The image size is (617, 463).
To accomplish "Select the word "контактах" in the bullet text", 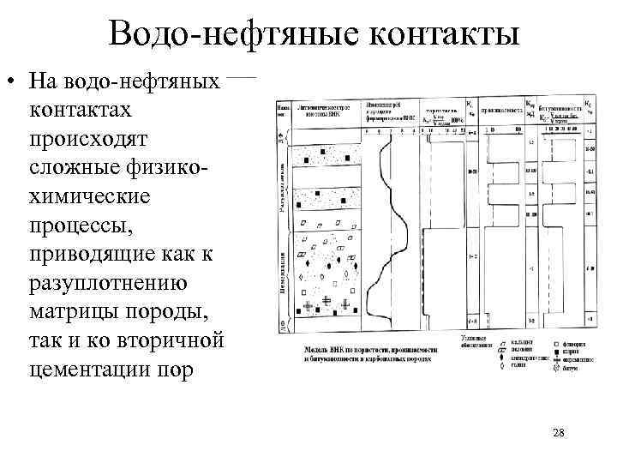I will pyautogui.click(x=81, y=111).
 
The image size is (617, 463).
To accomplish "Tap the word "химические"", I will pyautogui.click(x=89, y=196).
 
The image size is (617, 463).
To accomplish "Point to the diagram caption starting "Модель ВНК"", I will pyautogui.click(x=368, y=354).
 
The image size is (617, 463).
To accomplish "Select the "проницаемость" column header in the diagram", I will pyautogui.click(x=506, y=110).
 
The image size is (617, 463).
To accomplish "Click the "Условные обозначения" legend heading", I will pyautogui.click(x=475, y=341).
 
